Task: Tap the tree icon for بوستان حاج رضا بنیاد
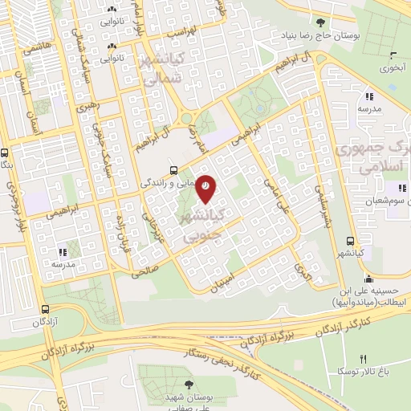321,23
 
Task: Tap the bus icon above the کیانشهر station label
350,240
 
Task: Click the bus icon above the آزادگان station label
46,308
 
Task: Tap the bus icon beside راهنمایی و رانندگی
173,170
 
